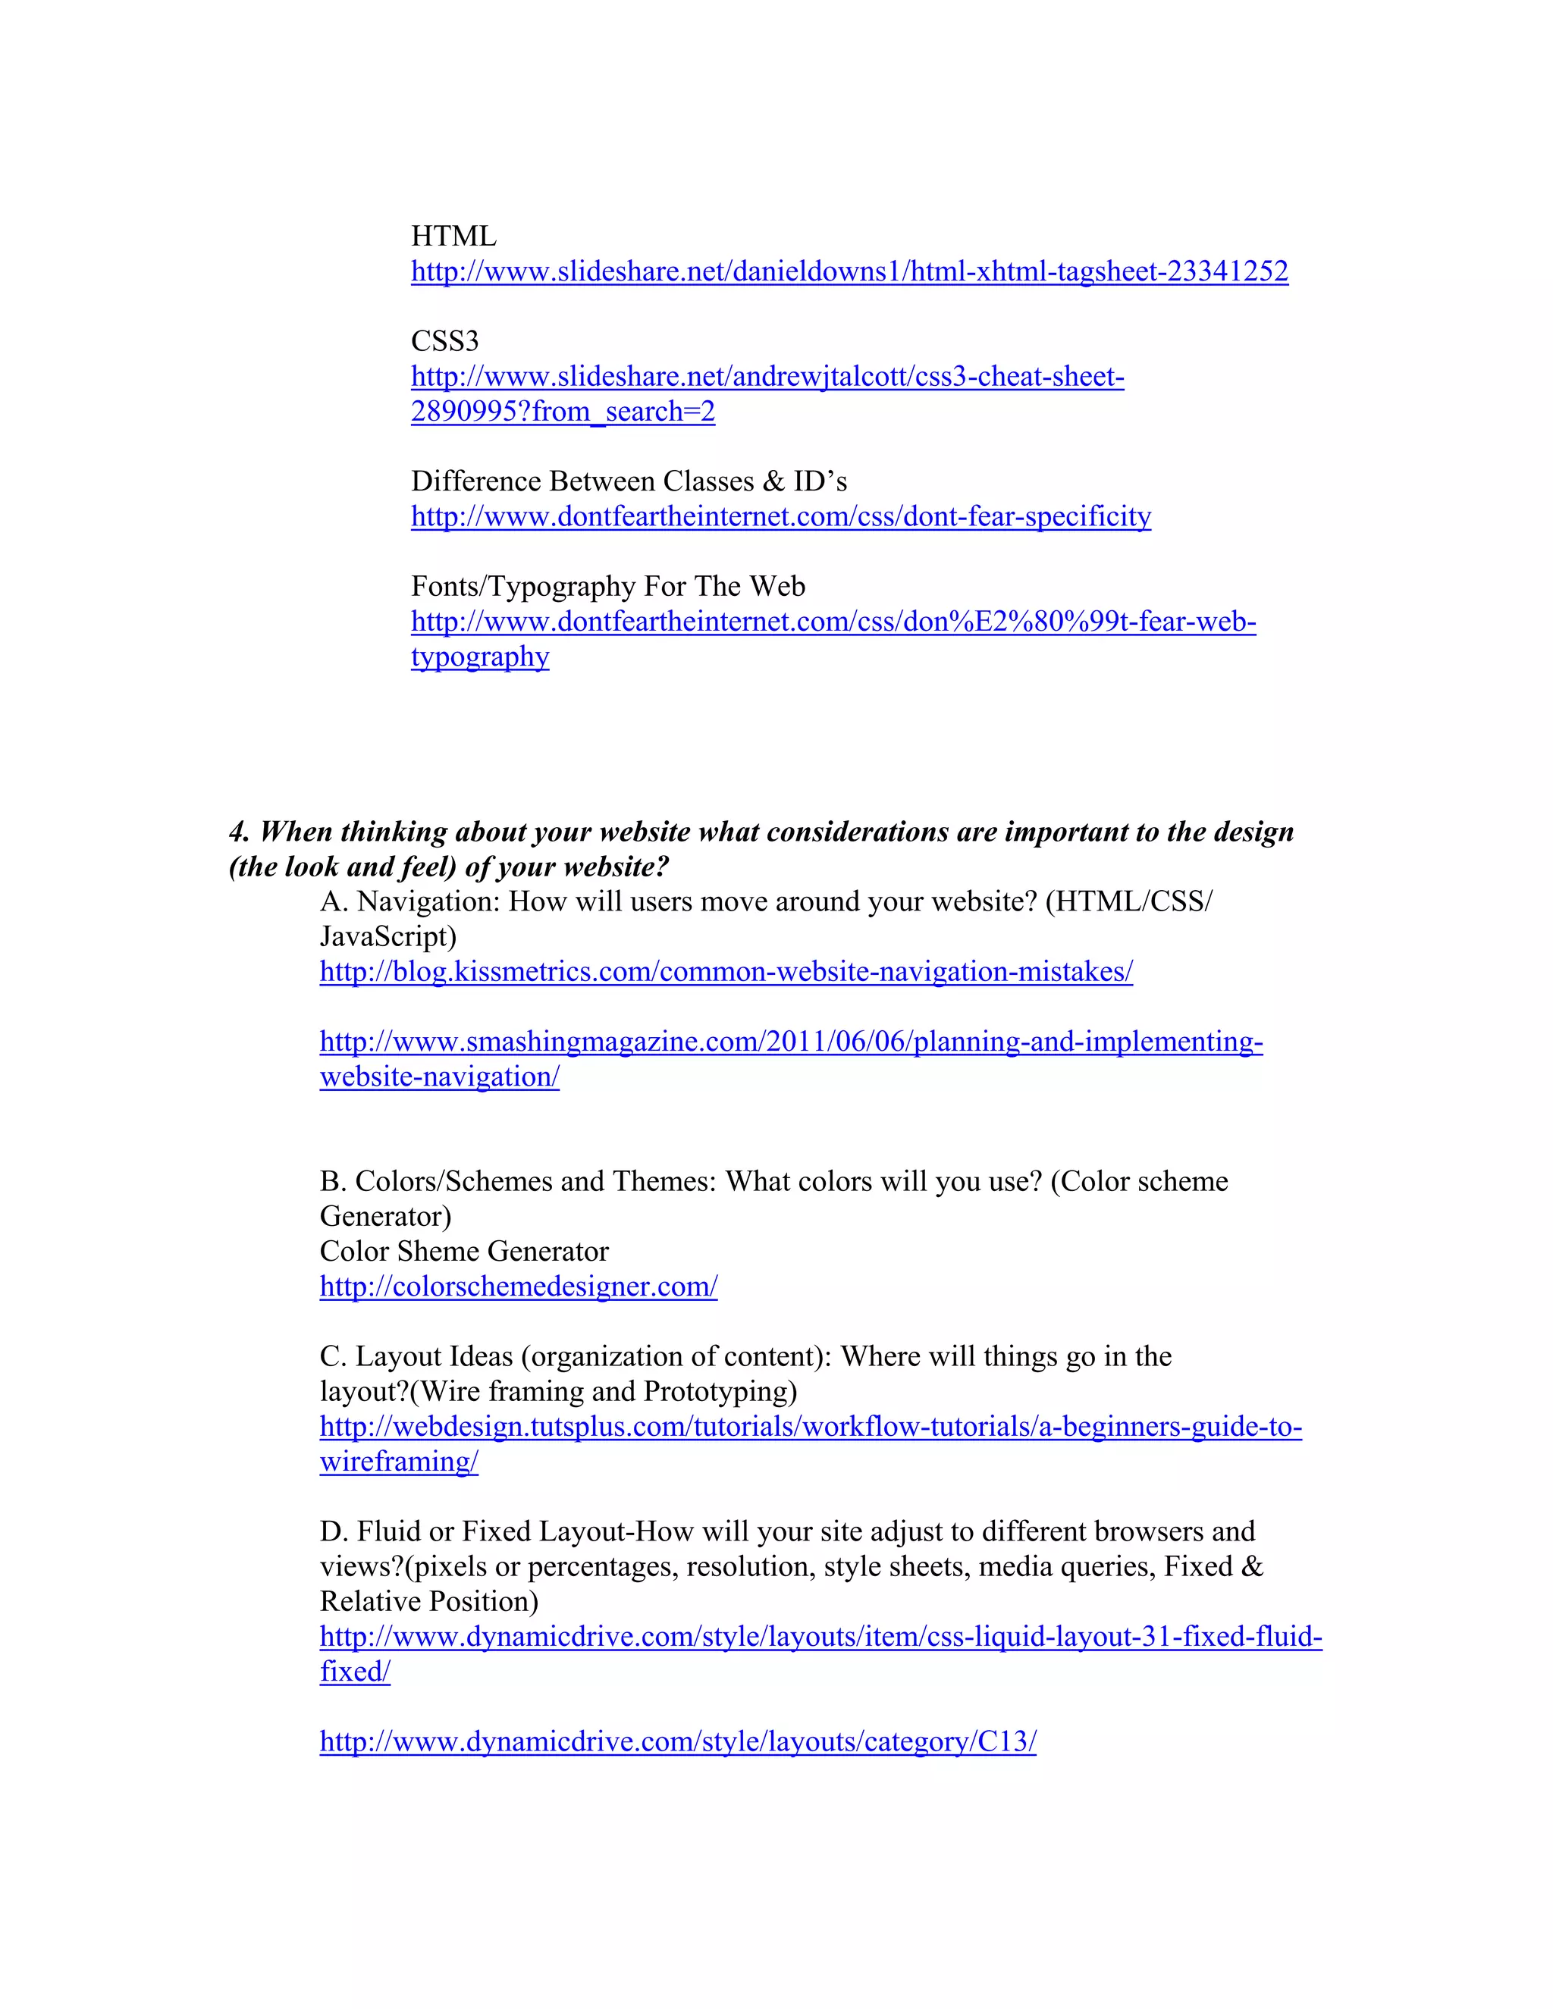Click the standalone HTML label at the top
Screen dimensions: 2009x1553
453,237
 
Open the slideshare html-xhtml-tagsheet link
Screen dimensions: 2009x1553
849,271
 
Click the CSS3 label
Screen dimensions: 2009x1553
444,341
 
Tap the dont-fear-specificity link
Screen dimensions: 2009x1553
780,516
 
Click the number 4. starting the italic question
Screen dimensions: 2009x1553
239,832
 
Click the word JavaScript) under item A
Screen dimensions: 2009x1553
387,936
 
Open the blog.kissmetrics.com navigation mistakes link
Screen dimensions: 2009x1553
726,971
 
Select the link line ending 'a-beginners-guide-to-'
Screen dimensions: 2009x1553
811,1426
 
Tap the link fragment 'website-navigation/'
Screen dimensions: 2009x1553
439,1077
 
